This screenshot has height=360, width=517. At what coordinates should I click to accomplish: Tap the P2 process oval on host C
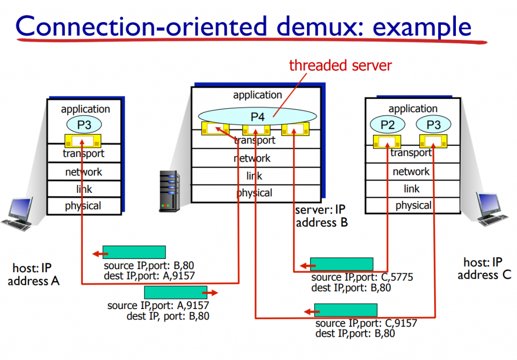click(x=387, y=125)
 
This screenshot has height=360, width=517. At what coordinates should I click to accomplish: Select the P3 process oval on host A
click(x=83, y=125)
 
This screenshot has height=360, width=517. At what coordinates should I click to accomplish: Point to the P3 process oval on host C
click(x=433, y=125)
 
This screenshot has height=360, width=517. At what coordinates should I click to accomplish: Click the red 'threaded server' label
click(x=340, y=65)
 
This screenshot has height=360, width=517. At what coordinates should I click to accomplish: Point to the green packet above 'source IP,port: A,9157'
click(x=175, y=292)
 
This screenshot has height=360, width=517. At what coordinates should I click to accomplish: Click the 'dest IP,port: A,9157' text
click(x=149, y=276)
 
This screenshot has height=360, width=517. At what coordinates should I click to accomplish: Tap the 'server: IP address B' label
click(x=322, y=216)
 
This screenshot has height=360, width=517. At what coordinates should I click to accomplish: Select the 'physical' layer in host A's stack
click(x=83, y=205)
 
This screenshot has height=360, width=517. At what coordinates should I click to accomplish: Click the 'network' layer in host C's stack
click(x=412, y=172)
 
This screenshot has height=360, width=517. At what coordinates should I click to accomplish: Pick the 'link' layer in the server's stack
click(x=254, y=176)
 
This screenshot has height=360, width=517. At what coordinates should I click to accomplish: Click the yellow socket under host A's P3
click(x=83, y=140)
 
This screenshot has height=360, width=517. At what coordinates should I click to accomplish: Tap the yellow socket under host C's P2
click(x=387, y=141)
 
